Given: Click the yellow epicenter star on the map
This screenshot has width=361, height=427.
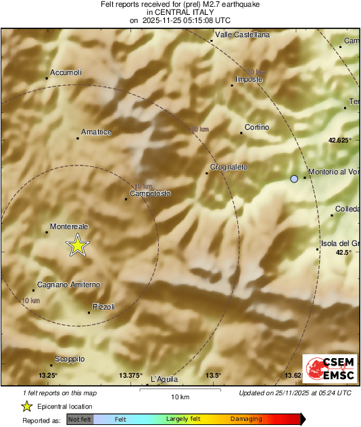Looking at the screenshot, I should click(x=78, y=246).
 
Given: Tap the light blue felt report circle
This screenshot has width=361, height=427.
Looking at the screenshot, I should click(x=294, y=179).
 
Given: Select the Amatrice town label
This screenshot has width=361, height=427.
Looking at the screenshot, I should click(x=95, y=132).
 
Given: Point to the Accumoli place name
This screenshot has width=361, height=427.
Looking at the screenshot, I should click(x=66, y=72).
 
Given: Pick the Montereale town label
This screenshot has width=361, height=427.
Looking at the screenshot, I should click(x=70, y=227).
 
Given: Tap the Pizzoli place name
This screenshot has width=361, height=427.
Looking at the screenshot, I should click(x=103, y=307).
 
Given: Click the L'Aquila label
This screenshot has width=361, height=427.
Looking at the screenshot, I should click(x=163, y=379).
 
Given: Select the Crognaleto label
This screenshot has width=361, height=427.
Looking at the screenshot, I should click(x=228, y=167).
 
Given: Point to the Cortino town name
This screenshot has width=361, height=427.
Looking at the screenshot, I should click(x=257, y=127).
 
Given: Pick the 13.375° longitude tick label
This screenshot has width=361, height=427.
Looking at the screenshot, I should click(x=130, y=375).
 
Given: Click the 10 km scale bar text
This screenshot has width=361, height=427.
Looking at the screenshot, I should click(x=179, y=397).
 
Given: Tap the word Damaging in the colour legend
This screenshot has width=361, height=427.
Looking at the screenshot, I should click(x=246, y=419).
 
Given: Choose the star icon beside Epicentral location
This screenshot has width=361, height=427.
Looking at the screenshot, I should click(x=26, y=406).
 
